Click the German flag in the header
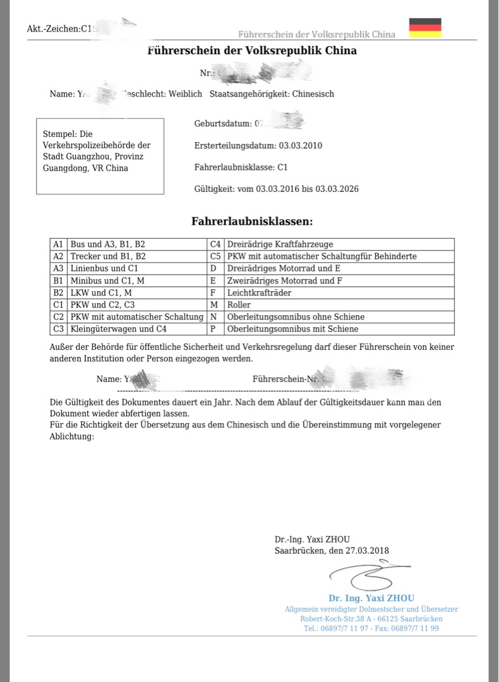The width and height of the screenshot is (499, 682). [x=425, y=28]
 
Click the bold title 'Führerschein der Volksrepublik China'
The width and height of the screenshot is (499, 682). [x=252, y=51]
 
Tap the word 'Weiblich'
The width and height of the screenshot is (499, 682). [x=185, y=94]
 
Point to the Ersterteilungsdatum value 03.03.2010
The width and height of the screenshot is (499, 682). [x=301, y=146]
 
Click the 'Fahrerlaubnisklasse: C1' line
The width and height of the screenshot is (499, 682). [x=241, y=167]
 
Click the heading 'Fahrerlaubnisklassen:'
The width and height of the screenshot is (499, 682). [x=252, y=221]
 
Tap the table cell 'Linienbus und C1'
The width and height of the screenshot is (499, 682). [x=104, y=268]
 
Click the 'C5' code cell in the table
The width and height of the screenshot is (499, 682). [x=216, y=256]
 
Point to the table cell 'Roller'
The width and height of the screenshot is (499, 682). [x=239, y=305]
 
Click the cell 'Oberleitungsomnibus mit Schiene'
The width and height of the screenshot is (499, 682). [x=292, y=329]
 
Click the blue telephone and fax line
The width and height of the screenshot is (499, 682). [x=371, y=629]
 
